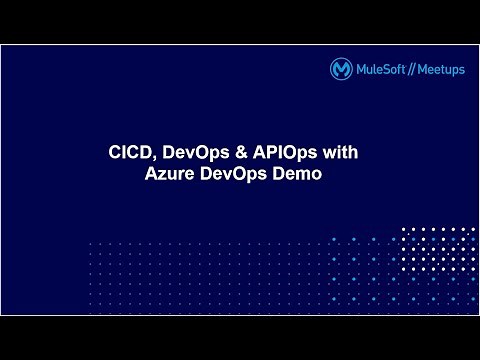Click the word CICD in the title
pyautogui.click(x=128, y=154)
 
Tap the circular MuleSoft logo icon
pyautogui.click(x=340, y=69)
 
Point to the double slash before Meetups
pyautogui.click(x=410, y=69)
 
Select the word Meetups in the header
pyautogui.click(x=439, y=69)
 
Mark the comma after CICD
pyautogui.click(x=152, y=159)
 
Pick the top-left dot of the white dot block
pyautogui.click(x=405, y=230)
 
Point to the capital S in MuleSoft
pyautogui.click(x=385, y=69)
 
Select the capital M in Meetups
pyautogui.click(x=421, y=69)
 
